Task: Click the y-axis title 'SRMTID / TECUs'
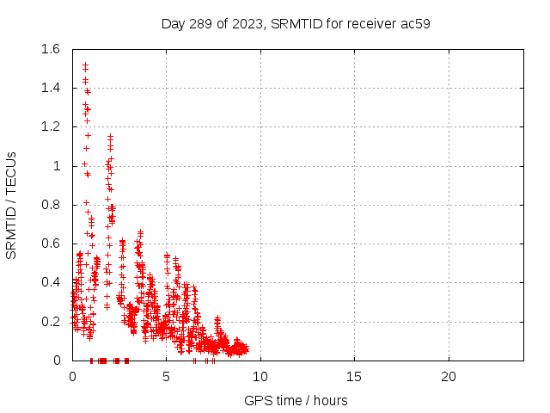click(12, 205)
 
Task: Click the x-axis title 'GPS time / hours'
click(296, 400)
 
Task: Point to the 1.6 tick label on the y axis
click(52, 49)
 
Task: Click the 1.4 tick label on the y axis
click(52, 88)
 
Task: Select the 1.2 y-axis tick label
click(52, 126)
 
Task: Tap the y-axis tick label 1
click(58, 166)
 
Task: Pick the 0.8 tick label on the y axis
click(52, 205)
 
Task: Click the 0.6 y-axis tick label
click(52, 243)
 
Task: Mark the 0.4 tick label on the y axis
click(52, 282)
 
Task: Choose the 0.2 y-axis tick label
click(52, 321)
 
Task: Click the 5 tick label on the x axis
click(166, 377)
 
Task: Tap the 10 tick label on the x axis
click(260, 377)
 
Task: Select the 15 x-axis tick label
click(354, 377)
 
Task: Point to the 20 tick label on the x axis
click(448, 377)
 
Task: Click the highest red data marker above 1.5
click(85, 65)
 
